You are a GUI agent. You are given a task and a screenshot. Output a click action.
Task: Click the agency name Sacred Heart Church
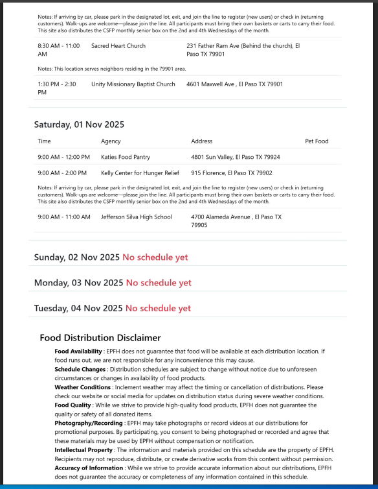(118, 46)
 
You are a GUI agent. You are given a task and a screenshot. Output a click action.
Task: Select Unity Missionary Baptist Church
(133, 84)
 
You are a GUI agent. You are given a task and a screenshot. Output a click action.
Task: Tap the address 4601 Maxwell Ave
(234, 84)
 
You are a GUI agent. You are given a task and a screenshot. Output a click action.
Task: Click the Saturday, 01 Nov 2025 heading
(79, 125)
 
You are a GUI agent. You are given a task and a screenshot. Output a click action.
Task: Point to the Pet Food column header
(317, 141)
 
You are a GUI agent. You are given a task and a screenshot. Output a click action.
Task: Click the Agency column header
(111, 141)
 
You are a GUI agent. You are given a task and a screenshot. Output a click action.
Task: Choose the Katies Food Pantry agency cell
(125, 157)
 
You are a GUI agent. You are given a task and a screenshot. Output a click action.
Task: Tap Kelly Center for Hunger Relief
(140, 173)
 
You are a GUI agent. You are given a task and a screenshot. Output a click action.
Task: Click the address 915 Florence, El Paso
(231, 173)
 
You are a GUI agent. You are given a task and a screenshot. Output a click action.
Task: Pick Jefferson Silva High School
(136, 217)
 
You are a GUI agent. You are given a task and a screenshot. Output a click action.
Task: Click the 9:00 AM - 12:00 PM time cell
(63, 157)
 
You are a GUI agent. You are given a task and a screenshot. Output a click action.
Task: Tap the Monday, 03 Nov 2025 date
(78, 283)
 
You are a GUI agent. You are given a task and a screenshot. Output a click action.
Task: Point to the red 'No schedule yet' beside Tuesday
(158, 308)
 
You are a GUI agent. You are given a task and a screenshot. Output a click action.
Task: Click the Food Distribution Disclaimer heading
(100, 338)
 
